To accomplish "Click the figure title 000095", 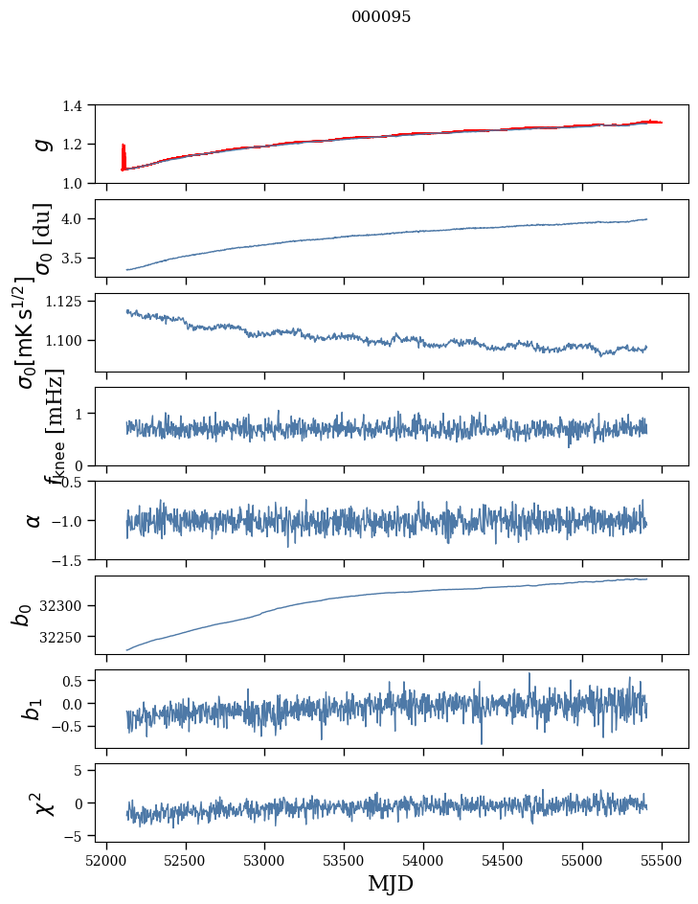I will (381, 17).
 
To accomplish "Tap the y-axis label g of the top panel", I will (40, 144).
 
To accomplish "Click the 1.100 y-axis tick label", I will (67, 341).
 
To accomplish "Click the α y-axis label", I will (34, 520).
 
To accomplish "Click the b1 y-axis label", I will (34, 709).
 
